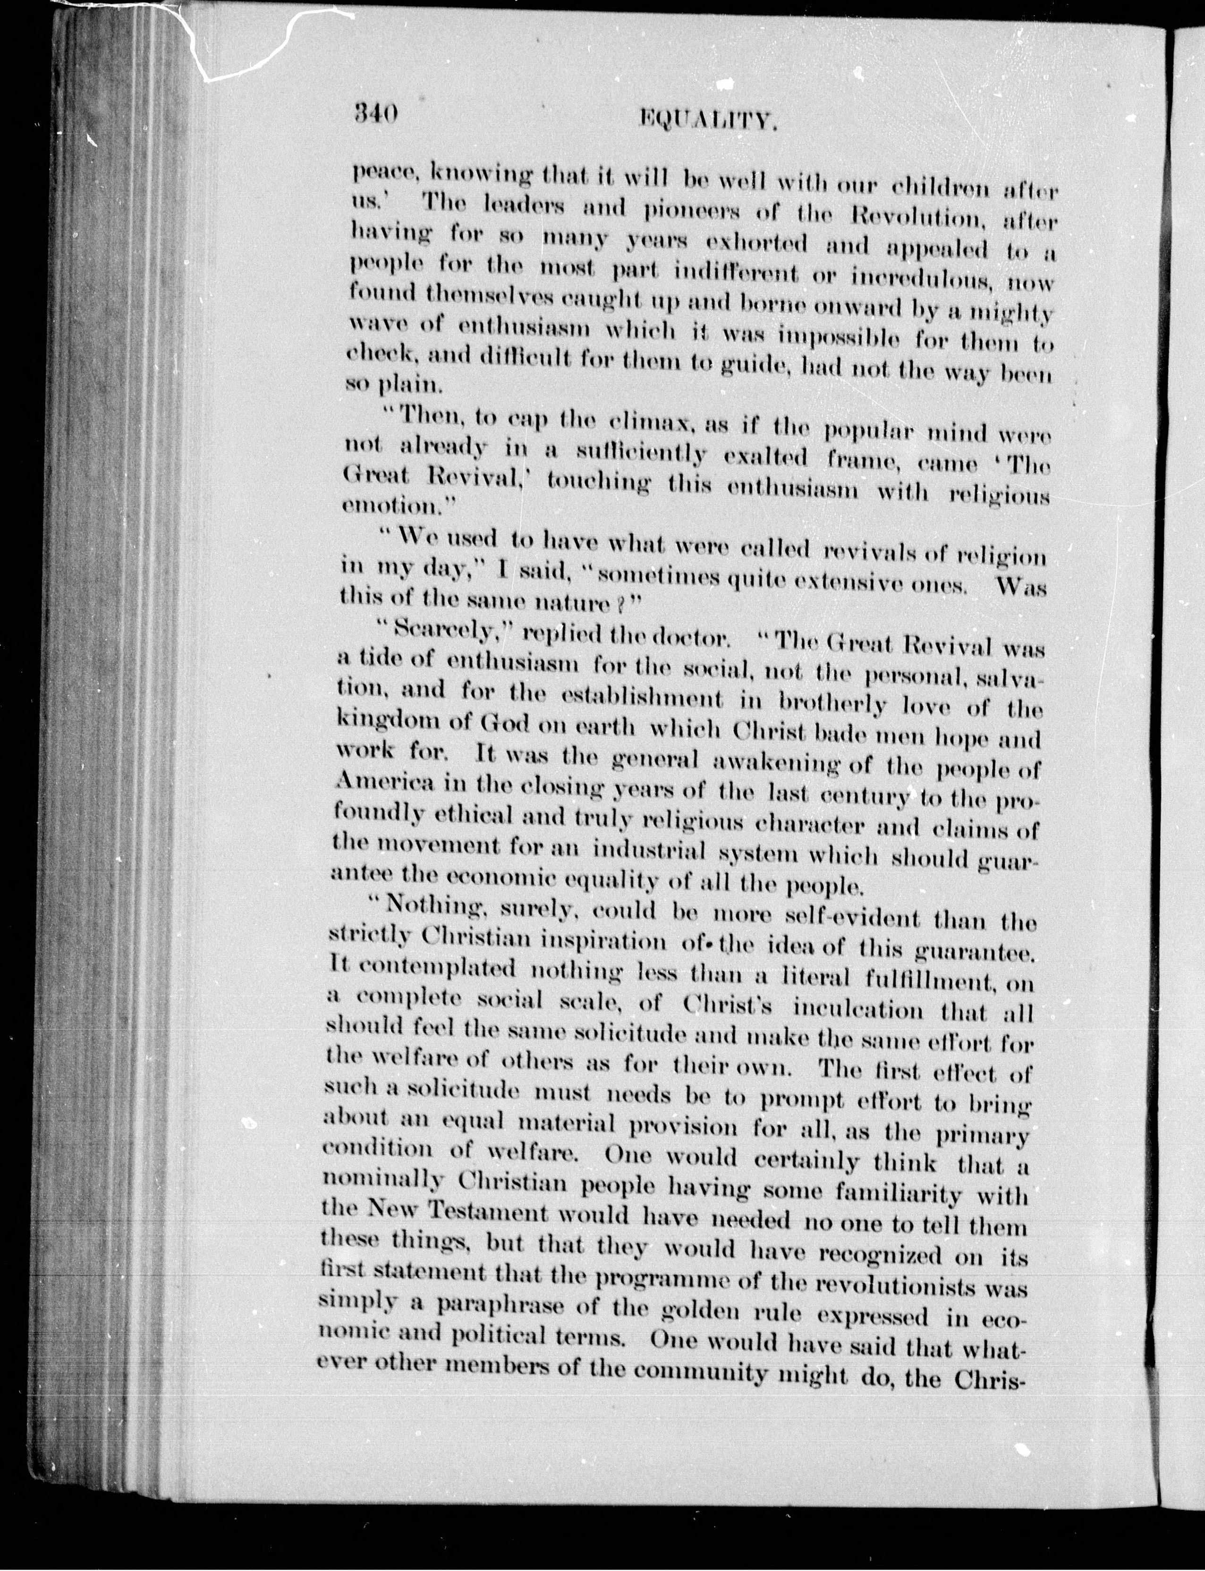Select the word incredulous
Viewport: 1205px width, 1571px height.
coord(919,278)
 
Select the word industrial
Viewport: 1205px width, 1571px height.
coord(649,852)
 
